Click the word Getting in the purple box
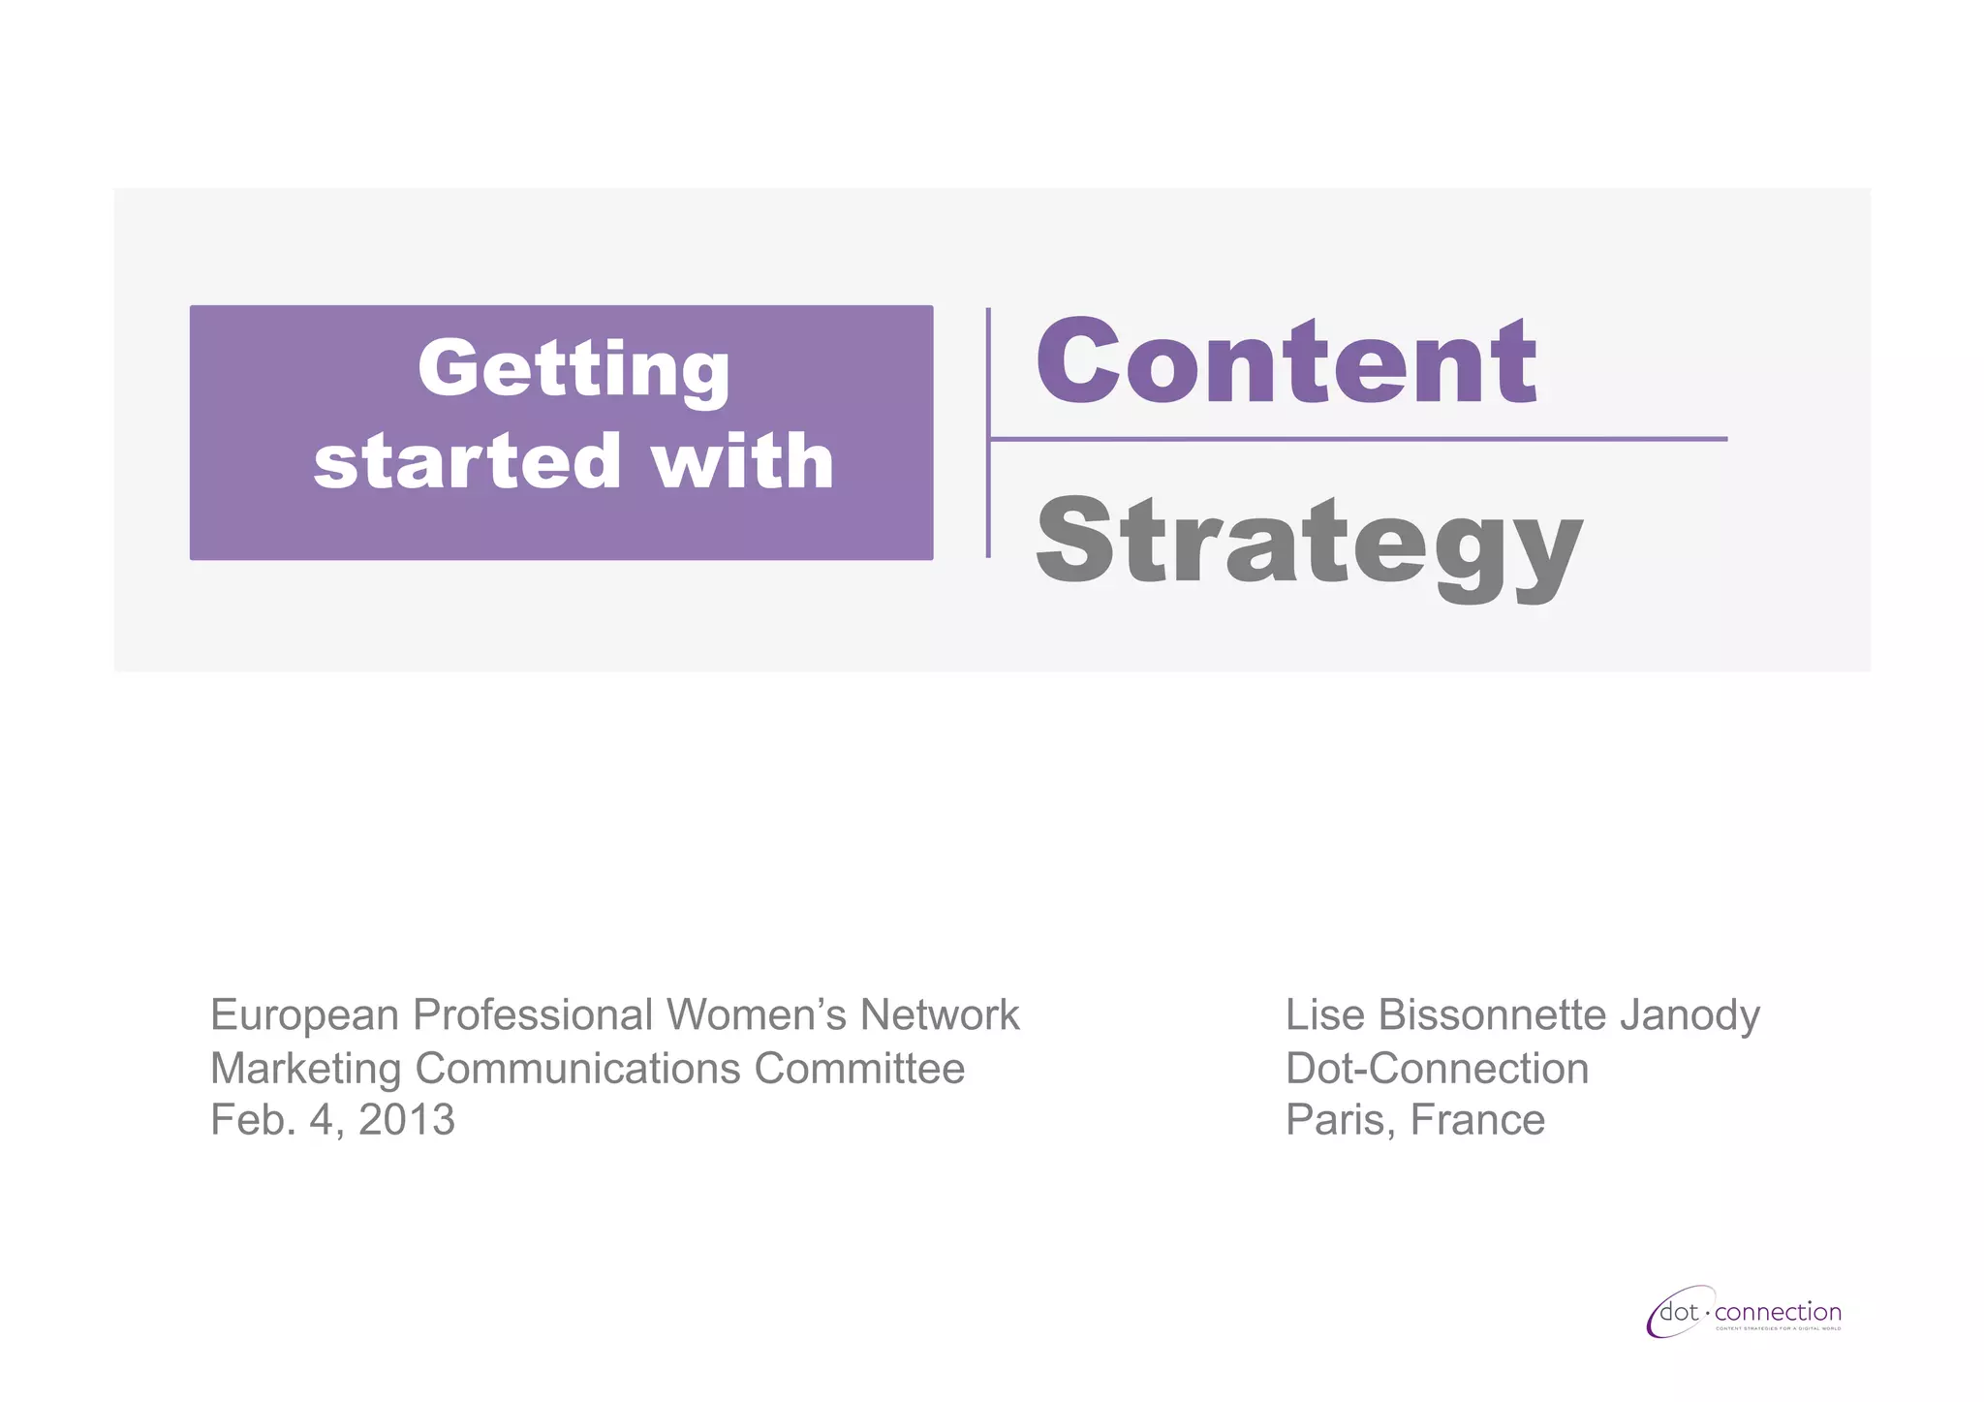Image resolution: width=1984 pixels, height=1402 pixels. click(x=573, y=370)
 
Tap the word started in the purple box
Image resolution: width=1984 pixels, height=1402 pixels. click(x=467, y=461)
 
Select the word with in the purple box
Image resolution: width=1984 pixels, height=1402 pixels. click(x=742, y=461)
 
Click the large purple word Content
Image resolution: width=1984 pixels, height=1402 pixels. click(x=1286, y=361)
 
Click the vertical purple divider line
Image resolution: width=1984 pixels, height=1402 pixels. click(x=988, y=432)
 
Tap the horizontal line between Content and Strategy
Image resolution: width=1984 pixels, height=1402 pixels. click(x=1356, y=439)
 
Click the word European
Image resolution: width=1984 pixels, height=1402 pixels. click(x=305, y=1015)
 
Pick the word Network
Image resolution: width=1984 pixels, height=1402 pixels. click(x=940, y=1015)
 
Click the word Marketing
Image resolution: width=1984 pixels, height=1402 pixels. click(x=306, y=1069)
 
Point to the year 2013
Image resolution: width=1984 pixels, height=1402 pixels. click(x=407, y=1120)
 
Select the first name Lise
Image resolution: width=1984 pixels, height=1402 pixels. click(x=1325, y=1015)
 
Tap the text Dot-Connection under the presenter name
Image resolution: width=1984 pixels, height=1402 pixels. click(x=1437, y=1069)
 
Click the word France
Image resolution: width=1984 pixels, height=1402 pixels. click(x=1477, y=1120)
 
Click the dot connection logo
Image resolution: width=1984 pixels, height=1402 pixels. click(x=1744, y=1314)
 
